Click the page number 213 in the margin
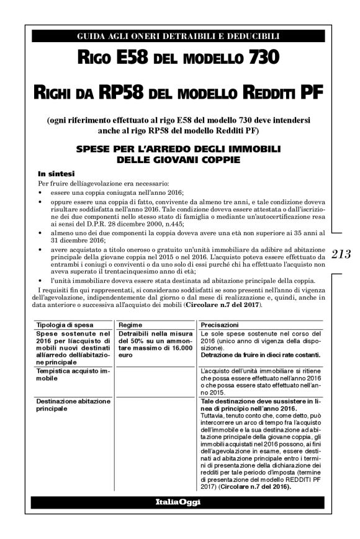(x=341, y=254)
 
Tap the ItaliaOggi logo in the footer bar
(x=178, y=501)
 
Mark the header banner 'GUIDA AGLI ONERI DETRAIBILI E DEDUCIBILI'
(x=178, y=37)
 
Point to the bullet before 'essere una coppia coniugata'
(x=40, y=194)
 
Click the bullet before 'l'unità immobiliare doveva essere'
(x=40, y=280)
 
